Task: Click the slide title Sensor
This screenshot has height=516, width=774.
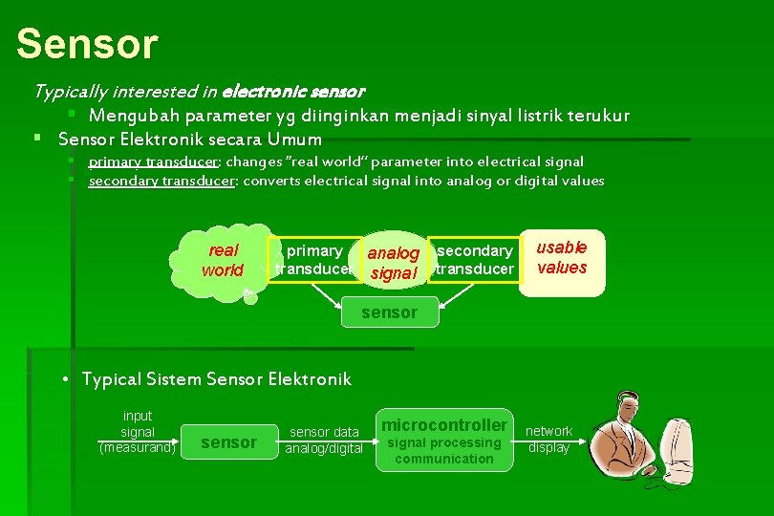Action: click(87, 43)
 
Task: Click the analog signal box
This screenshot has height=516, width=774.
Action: click(393, 263)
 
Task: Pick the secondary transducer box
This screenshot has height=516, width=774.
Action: click(474, 260)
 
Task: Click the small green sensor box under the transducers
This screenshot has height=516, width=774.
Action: click(390, 312)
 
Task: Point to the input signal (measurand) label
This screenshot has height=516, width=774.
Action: click(138, 432)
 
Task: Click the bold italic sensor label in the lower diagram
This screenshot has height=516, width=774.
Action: click(229, 442)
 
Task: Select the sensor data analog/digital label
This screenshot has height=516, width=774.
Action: click(324, 441)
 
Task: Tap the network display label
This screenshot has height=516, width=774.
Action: click(549, 440)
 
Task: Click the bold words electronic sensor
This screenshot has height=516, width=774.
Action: click(292, 93)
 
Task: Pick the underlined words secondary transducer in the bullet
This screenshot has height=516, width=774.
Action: click(162, 181)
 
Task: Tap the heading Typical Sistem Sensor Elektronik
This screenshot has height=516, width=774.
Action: click(217, 379)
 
